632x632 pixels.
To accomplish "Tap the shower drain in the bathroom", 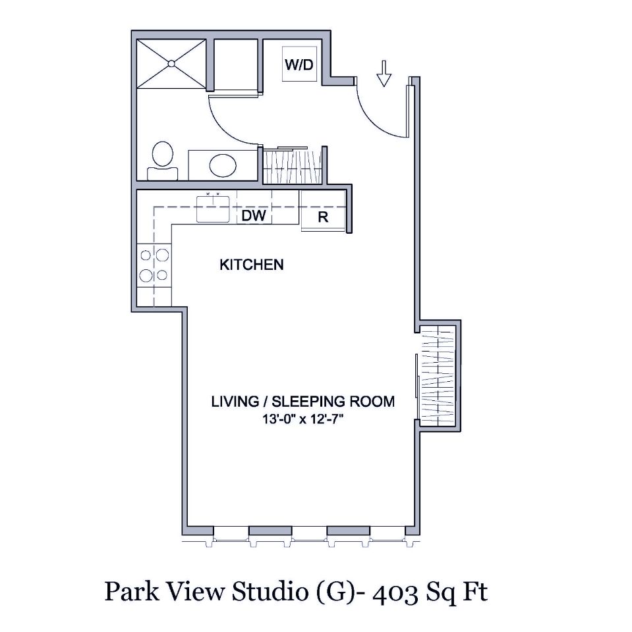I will [x=171, y=63].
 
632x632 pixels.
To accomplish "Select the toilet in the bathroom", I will [x=162, y=161].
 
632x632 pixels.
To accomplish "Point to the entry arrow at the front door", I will [x=384, y=72].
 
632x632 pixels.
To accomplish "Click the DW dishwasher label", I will [x=254, y=215].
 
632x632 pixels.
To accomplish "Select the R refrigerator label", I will [x=323, y=217].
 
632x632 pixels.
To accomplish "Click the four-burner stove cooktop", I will [x=154, y=265].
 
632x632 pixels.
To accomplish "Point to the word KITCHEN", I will [x=251, y=265].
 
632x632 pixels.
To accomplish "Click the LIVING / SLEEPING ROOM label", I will [x=302, y=401].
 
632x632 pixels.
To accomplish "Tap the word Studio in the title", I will [x=266, y=592].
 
